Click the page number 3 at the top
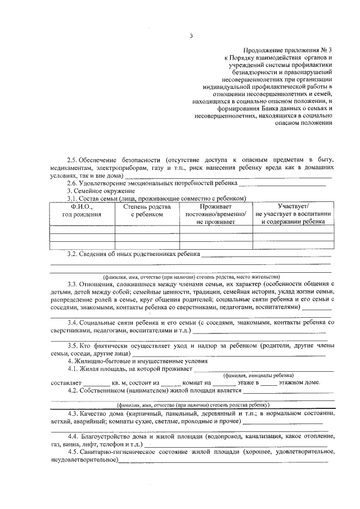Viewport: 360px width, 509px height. (x=191, y=37)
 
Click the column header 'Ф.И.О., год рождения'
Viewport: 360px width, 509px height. (x=82, y=210)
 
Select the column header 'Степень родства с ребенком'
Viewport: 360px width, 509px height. (x=147, y=210)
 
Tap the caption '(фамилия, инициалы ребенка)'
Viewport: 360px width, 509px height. (x=258, y=375)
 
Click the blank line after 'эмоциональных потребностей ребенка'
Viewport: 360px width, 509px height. (x=282, y=184)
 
